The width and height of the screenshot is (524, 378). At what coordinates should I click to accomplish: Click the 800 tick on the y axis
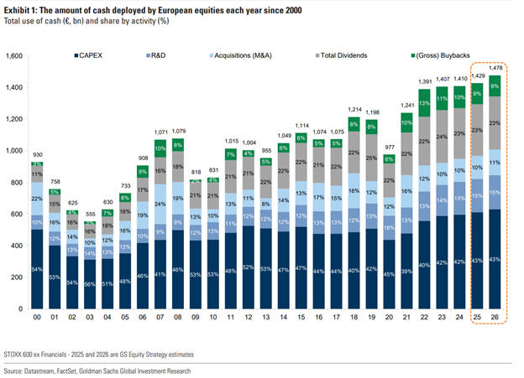pos(18,183)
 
